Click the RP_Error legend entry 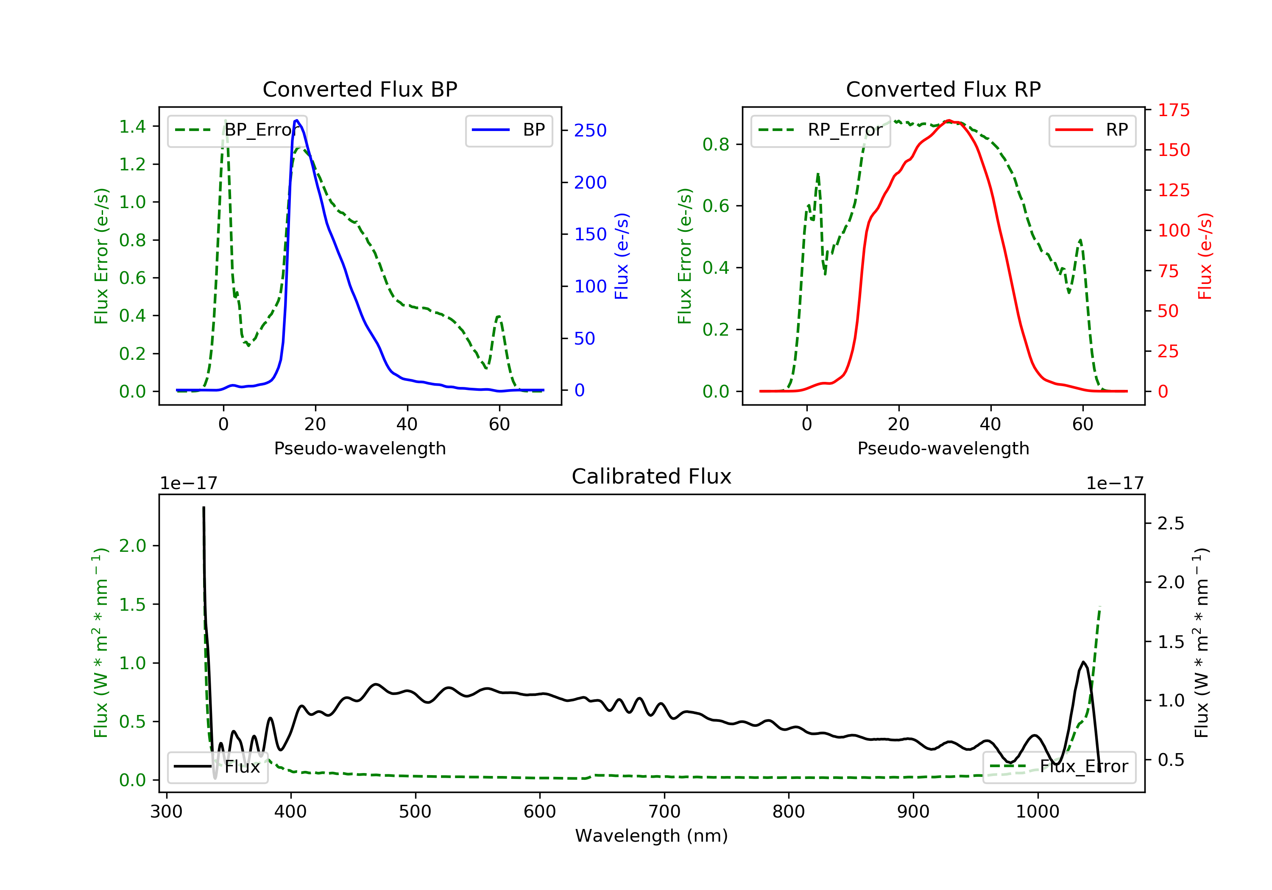(x=820, y=130)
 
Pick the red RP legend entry (x=1092, y=130)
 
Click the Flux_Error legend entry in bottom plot (x=1059, y=767)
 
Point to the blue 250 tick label (x=590, y=131)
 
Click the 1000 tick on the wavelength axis (x=1037, y=812)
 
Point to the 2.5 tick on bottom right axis (x=1171, y=523)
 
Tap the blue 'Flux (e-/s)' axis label (x=622, y=256)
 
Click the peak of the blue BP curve (x=297, y=120)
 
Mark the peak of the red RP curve (x=949, y=120)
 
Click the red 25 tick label (x=1168, y=351)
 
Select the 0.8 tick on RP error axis (x=716, y=145)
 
